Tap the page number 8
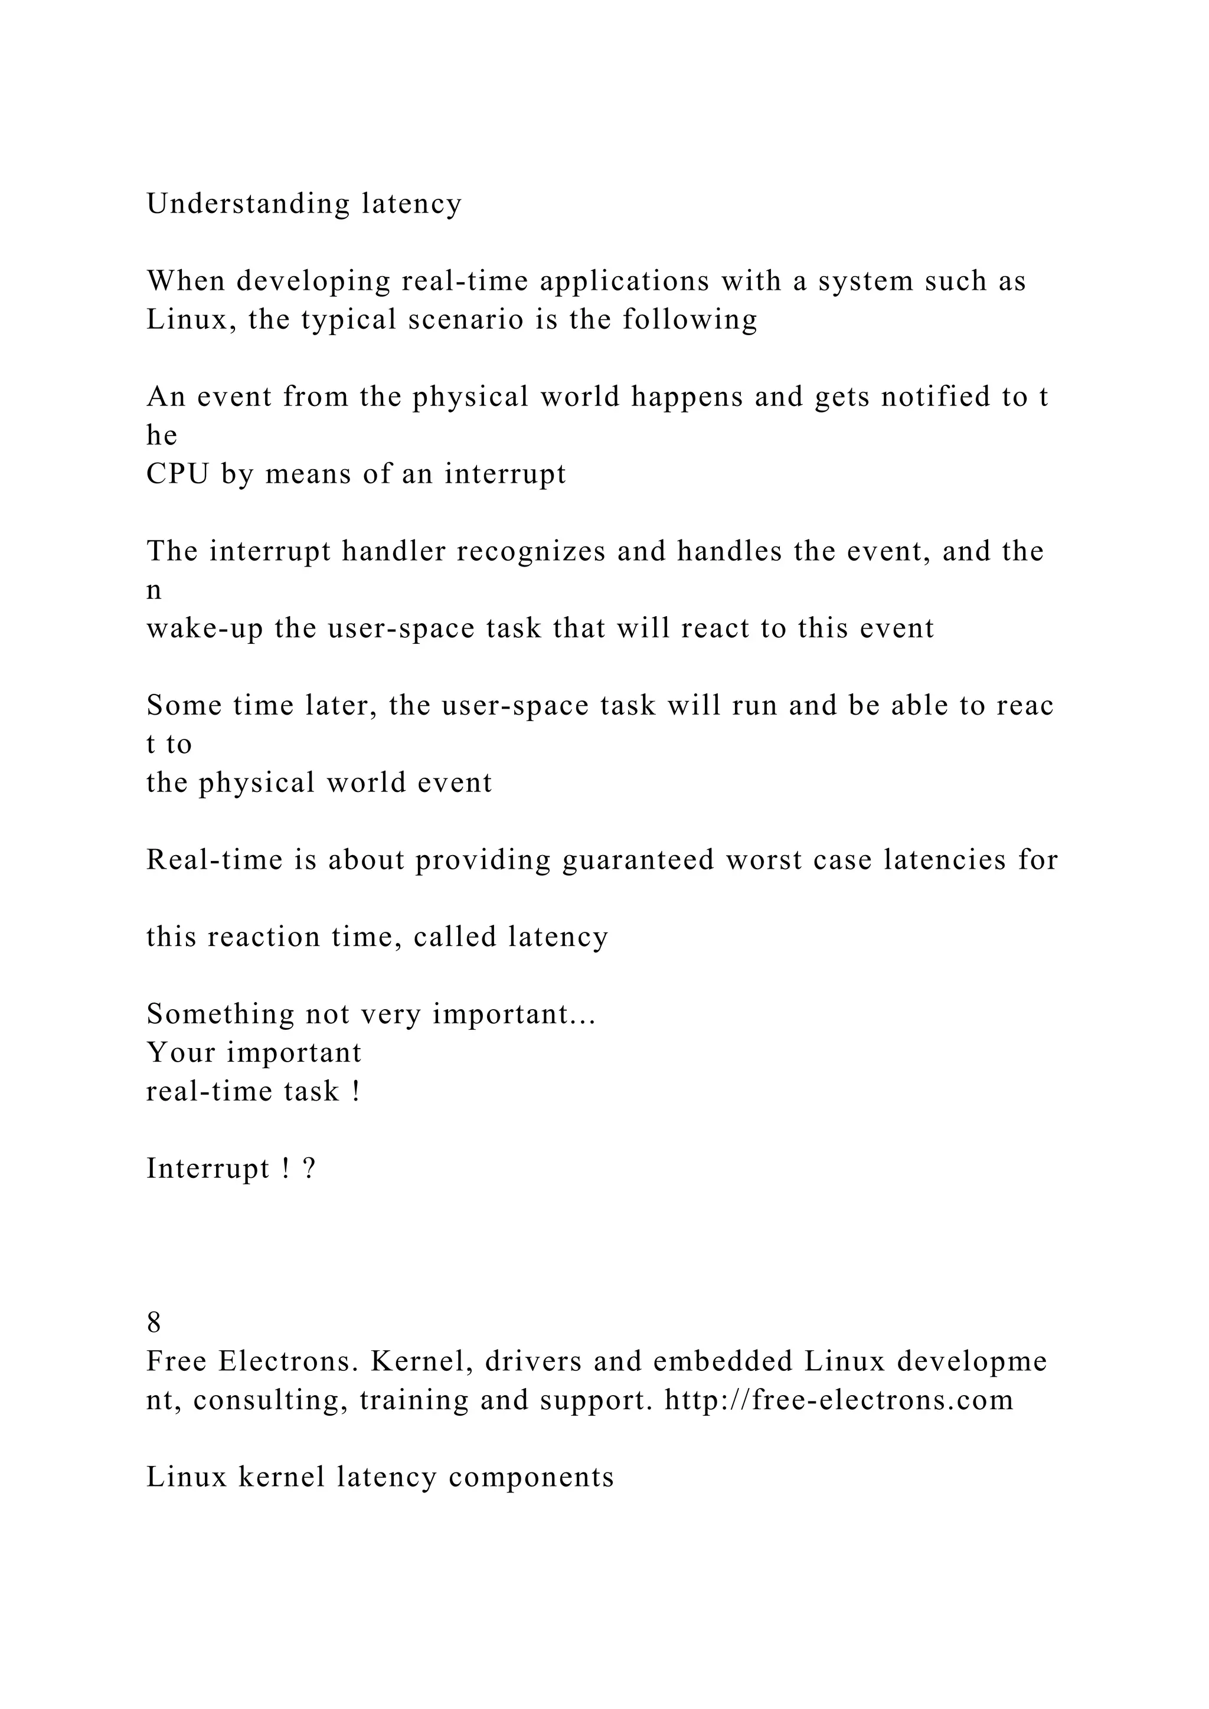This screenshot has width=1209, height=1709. coord(154,1322)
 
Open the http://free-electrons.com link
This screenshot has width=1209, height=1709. coord(839,1400)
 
